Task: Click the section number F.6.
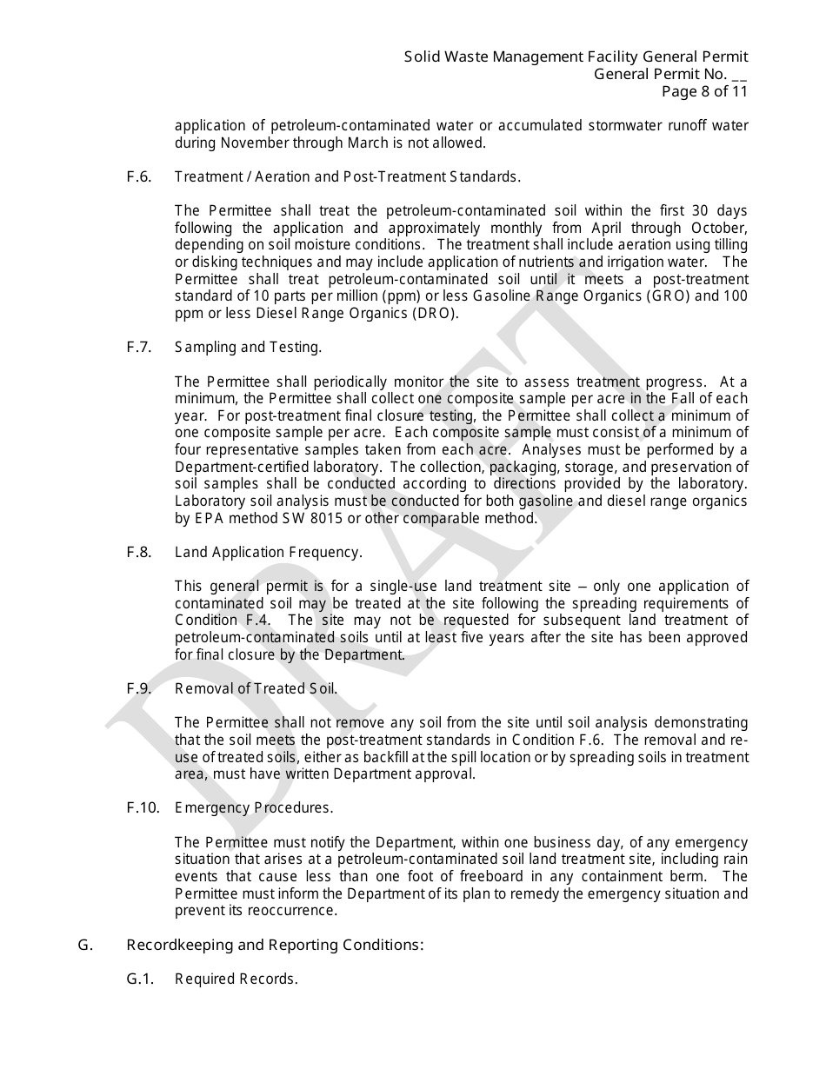pyautogui.click(x=138, y=177)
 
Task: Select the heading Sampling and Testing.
pyautogui.click(x=248, y=348)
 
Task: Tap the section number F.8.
pyautogui.click(x=138, y=553)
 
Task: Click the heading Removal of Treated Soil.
pyautogui.click(x=256, y=689)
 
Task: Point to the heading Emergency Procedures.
pyautogui.click(x=253, y=808)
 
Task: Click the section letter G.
pyautogui.click(x=84, y=945)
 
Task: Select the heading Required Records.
pyautogui.click(x=236, y=979)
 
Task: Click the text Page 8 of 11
pyautogui.click(x=703, y=91)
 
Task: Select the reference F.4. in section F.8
pyautogui.click(x=256, y=621)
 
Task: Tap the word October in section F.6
pyautogui.click(x=721, y=229)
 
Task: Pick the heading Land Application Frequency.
pyautogui.click(x=268, y=553)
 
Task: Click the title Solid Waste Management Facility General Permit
pyautogui.click(x=576, y=57)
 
